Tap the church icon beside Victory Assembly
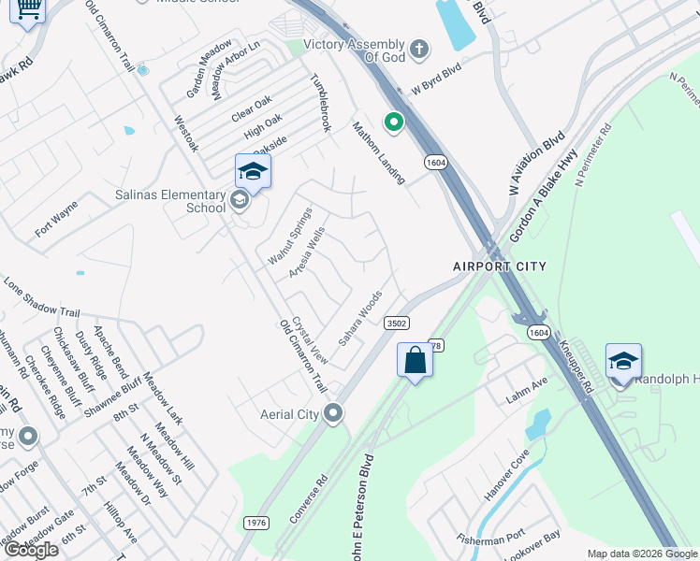point(419,47)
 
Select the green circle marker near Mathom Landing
point(394,122)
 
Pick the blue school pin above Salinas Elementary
point(253,171)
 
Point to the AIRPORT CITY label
point(500,266)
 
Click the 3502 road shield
point(396,323)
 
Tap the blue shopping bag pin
point(415,360)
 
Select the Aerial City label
point(289,414)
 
